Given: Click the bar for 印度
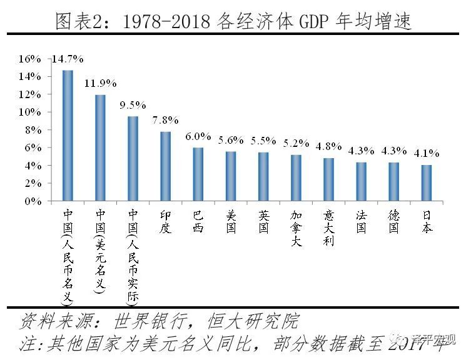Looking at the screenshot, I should (x=166, y=166).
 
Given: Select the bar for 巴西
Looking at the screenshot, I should (x=198, y=174).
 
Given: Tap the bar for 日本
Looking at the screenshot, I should (x=427, y=183).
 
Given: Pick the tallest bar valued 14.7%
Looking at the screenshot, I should (x=68, y=136).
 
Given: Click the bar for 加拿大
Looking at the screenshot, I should (x=296, y=178).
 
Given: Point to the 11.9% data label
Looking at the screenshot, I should (x=100, y=83).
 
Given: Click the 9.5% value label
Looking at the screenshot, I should (x=133, y=104).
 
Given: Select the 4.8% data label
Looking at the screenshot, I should (x=328, y=146).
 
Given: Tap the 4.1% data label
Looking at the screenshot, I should (x=427, y=152).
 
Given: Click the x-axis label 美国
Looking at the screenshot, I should (x=231, y=221).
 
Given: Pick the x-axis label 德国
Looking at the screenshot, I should (x=394, y=221).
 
